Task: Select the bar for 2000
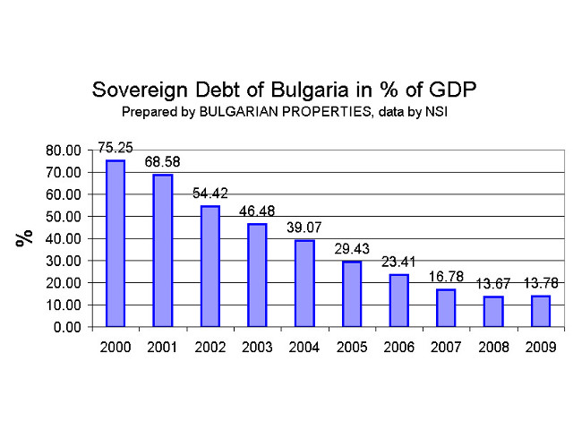(x=115, y=244)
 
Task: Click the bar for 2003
(x=257, y=275)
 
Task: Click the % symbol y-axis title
(x=24, y=237)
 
